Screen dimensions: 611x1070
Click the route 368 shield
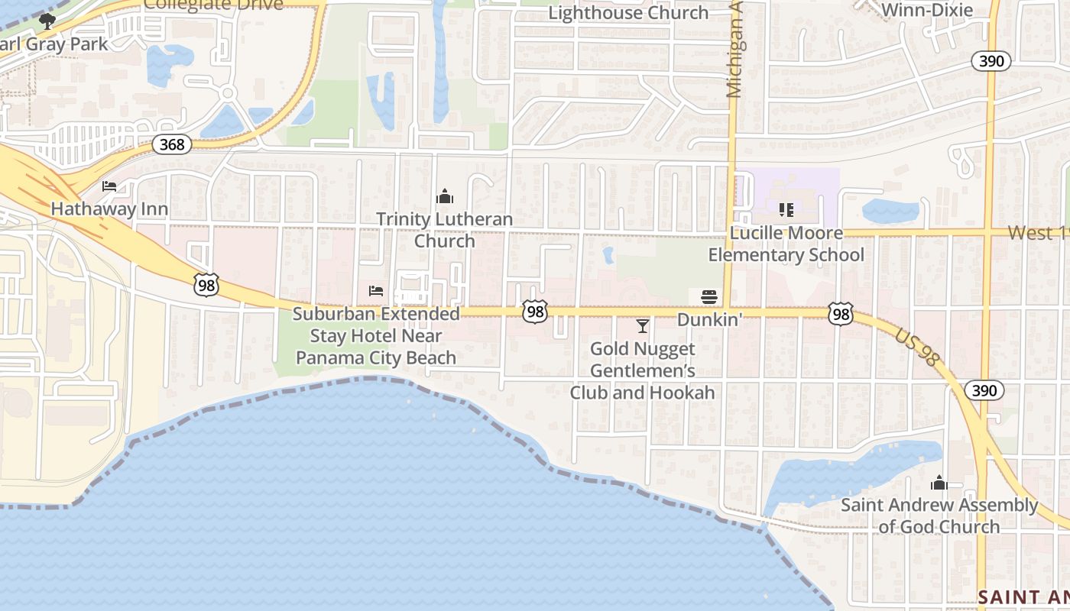[x=171, y=144]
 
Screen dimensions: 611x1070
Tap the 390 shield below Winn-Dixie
[x=992, y=61]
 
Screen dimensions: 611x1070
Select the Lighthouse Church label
[x=628, y=13]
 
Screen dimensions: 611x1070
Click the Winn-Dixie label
[x=927, y=10]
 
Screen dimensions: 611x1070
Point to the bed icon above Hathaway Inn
[x=109, y=186]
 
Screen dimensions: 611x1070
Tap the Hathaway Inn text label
[x=109, y=209]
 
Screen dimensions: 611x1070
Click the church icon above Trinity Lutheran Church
[x=444, y=197]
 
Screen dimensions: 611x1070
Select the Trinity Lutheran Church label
[x=444, y=230]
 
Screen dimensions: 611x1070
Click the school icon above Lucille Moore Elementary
[x=786, y=209]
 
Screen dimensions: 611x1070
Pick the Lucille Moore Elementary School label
[x=786, y=244]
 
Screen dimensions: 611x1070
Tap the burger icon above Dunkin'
[x=709, y=296]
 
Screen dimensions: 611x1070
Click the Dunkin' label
[x=709, y=320]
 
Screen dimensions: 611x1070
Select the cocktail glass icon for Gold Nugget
[x=642, y=326]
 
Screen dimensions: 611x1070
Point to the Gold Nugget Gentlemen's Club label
[x=642, y=370]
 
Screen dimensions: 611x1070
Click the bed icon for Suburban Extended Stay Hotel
[x=375, y=290]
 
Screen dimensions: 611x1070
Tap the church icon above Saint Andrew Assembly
[x=939, y=483]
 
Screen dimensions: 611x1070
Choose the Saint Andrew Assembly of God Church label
[x=939, y=516]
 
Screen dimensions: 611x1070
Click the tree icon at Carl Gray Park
[x=47, y=21]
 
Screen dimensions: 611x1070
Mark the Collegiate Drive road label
[x=213, y=5]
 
